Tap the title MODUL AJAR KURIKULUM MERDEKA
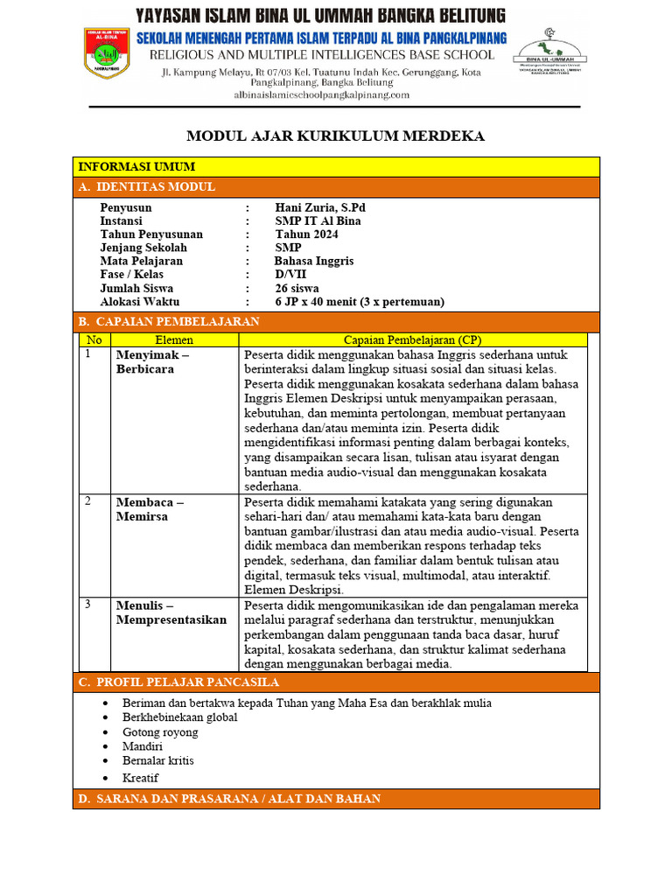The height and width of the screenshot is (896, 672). coord(335,136)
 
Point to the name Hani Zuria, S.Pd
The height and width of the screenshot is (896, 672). coord(320,207)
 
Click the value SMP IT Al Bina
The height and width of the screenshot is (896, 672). coord(318,221)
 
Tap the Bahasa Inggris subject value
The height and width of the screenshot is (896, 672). coord(314,261)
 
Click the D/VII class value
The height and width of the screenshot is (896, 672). coord(291,274)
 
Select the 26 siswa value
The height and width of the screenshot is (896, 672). coord(297,288)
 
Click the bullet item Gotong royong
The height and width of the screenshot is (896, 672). coord(160,732)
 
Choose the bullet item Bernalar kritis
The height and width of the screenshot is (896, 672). coord(158,760)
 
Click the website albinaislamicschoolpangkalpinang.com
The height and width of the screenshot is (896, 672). coord(321,94)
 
